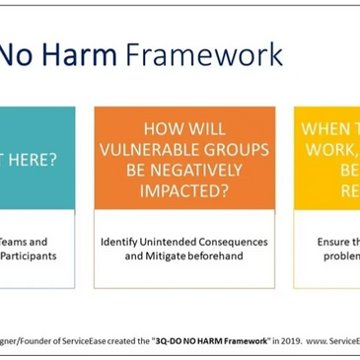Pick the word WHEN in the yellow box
[326, 128]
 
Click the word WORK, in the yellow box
[330, 149]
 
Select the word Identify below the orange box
[123, 241]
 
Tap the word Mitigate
[172, 255]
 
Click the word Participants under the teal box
[29, 255]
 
